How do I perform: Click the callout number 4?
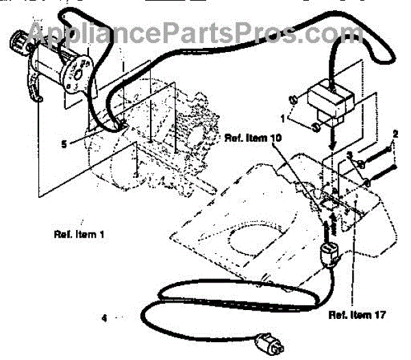pos(104,317)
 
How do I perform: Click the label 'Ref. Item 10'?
pos(253,138)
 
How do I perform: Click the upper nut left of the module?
pos(292,101)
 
